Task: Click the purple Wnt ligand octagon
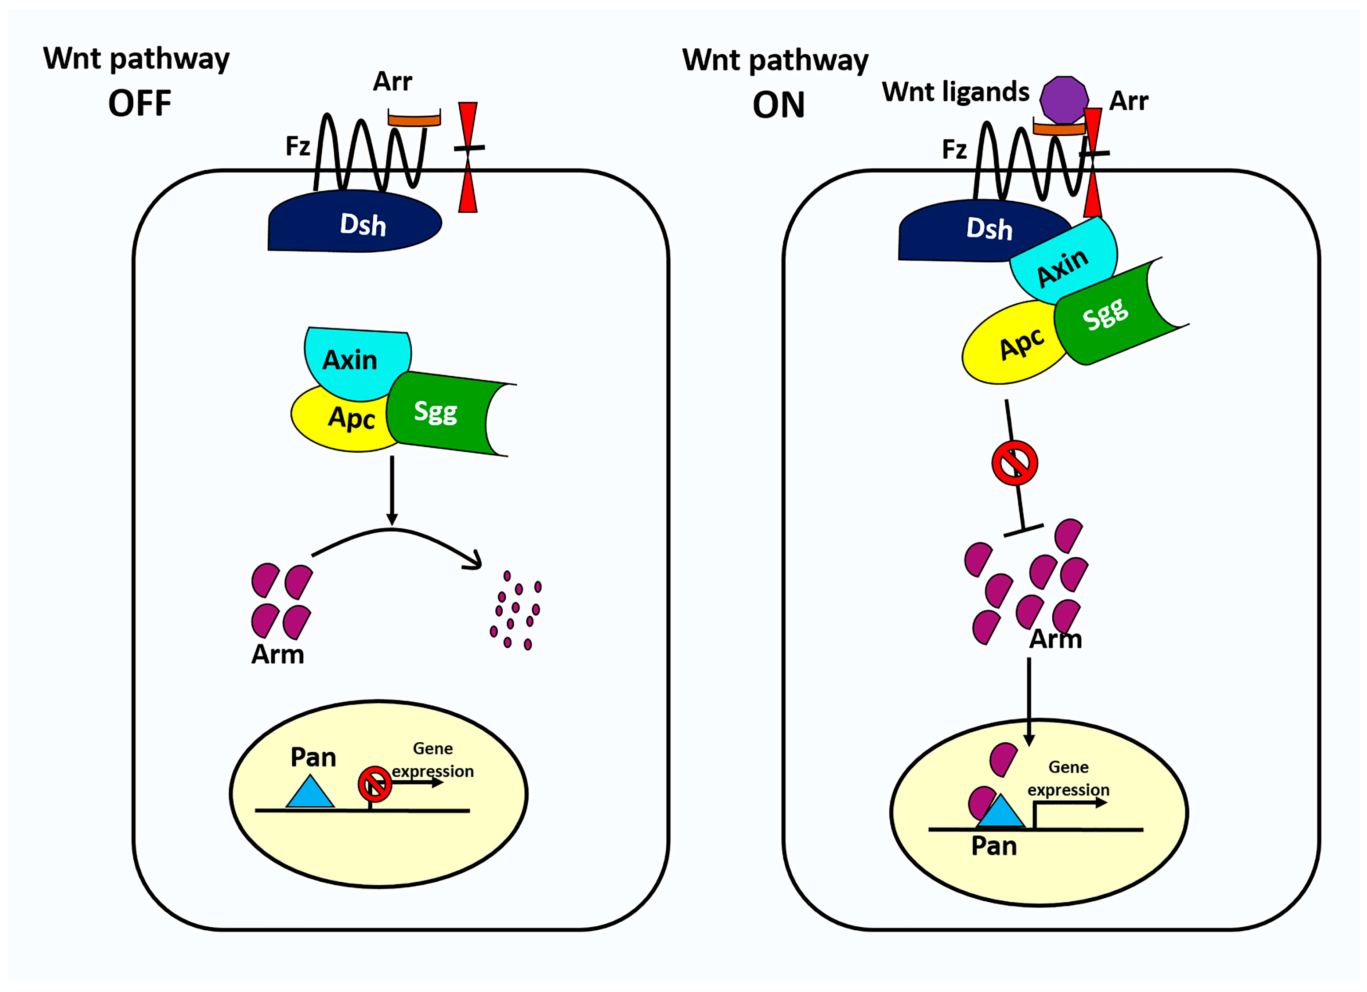pyautogui.click(x=1064, y=99)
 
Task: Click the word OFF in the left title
pyautogui.click(x=140, y=103)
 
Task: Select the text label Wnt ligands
pyautogui.click(x=955, y=92)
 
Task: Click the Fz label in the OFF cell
pyautogui.click(x=298, y=146)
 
